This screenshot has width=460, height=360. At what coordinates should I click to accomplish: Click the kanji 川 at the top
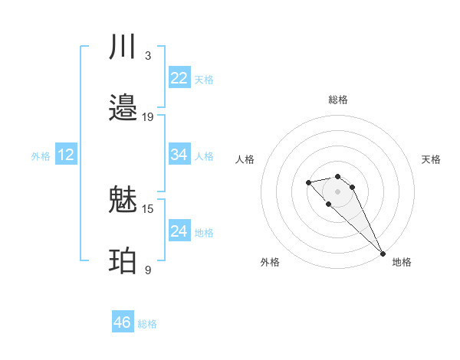(x=123, y=48)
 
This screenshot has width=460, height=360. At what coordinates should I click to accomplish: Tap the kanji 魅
(x=123, y=201)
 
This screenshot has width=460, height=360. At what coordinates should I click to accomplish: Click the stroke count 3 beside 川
(x=148, y=56)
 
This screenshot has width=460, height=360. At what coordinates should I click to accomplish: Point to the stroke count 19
(x=148, y=117)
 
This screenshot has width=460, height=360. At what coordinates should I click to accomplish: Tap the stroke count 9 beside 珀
(x=148, y=270)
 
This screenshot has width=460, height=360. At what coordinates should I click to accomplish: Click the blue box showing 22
(x=179, y=78)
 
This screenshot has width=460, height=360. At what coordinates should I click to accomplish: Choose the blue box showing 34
(x=179, y=155)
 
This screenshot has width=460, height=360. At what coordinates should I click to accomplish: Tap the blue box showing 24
(x=179, y=231)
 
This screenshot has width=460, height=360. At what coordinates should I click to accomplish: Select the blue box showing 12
(x=66, y=155)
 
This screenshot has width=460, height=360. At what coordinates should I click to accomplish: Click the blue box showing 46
(x=123, y=322)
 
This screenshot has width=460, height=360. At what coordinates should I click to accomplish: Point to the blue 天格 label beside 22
(x=204, y=80)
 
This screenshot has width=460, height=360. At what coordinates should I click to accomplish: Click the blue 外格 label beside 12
(x=41, y=156)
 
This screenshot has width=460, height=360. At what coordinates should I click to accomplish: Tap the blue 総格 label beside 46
(x=147, y=324)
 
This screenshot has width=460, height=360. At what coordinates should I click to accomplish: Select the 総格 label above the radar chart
(x=338, y=100)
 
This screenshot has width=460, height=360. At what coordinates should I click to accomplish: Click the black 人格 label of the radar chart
(x=245, y=159)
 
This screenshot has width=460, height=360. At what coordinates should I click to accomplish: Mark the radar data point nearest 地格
(x=383, y=253)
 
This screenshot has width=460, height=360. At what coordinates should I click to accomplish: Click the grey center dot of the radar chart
(x=337, y=191)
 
